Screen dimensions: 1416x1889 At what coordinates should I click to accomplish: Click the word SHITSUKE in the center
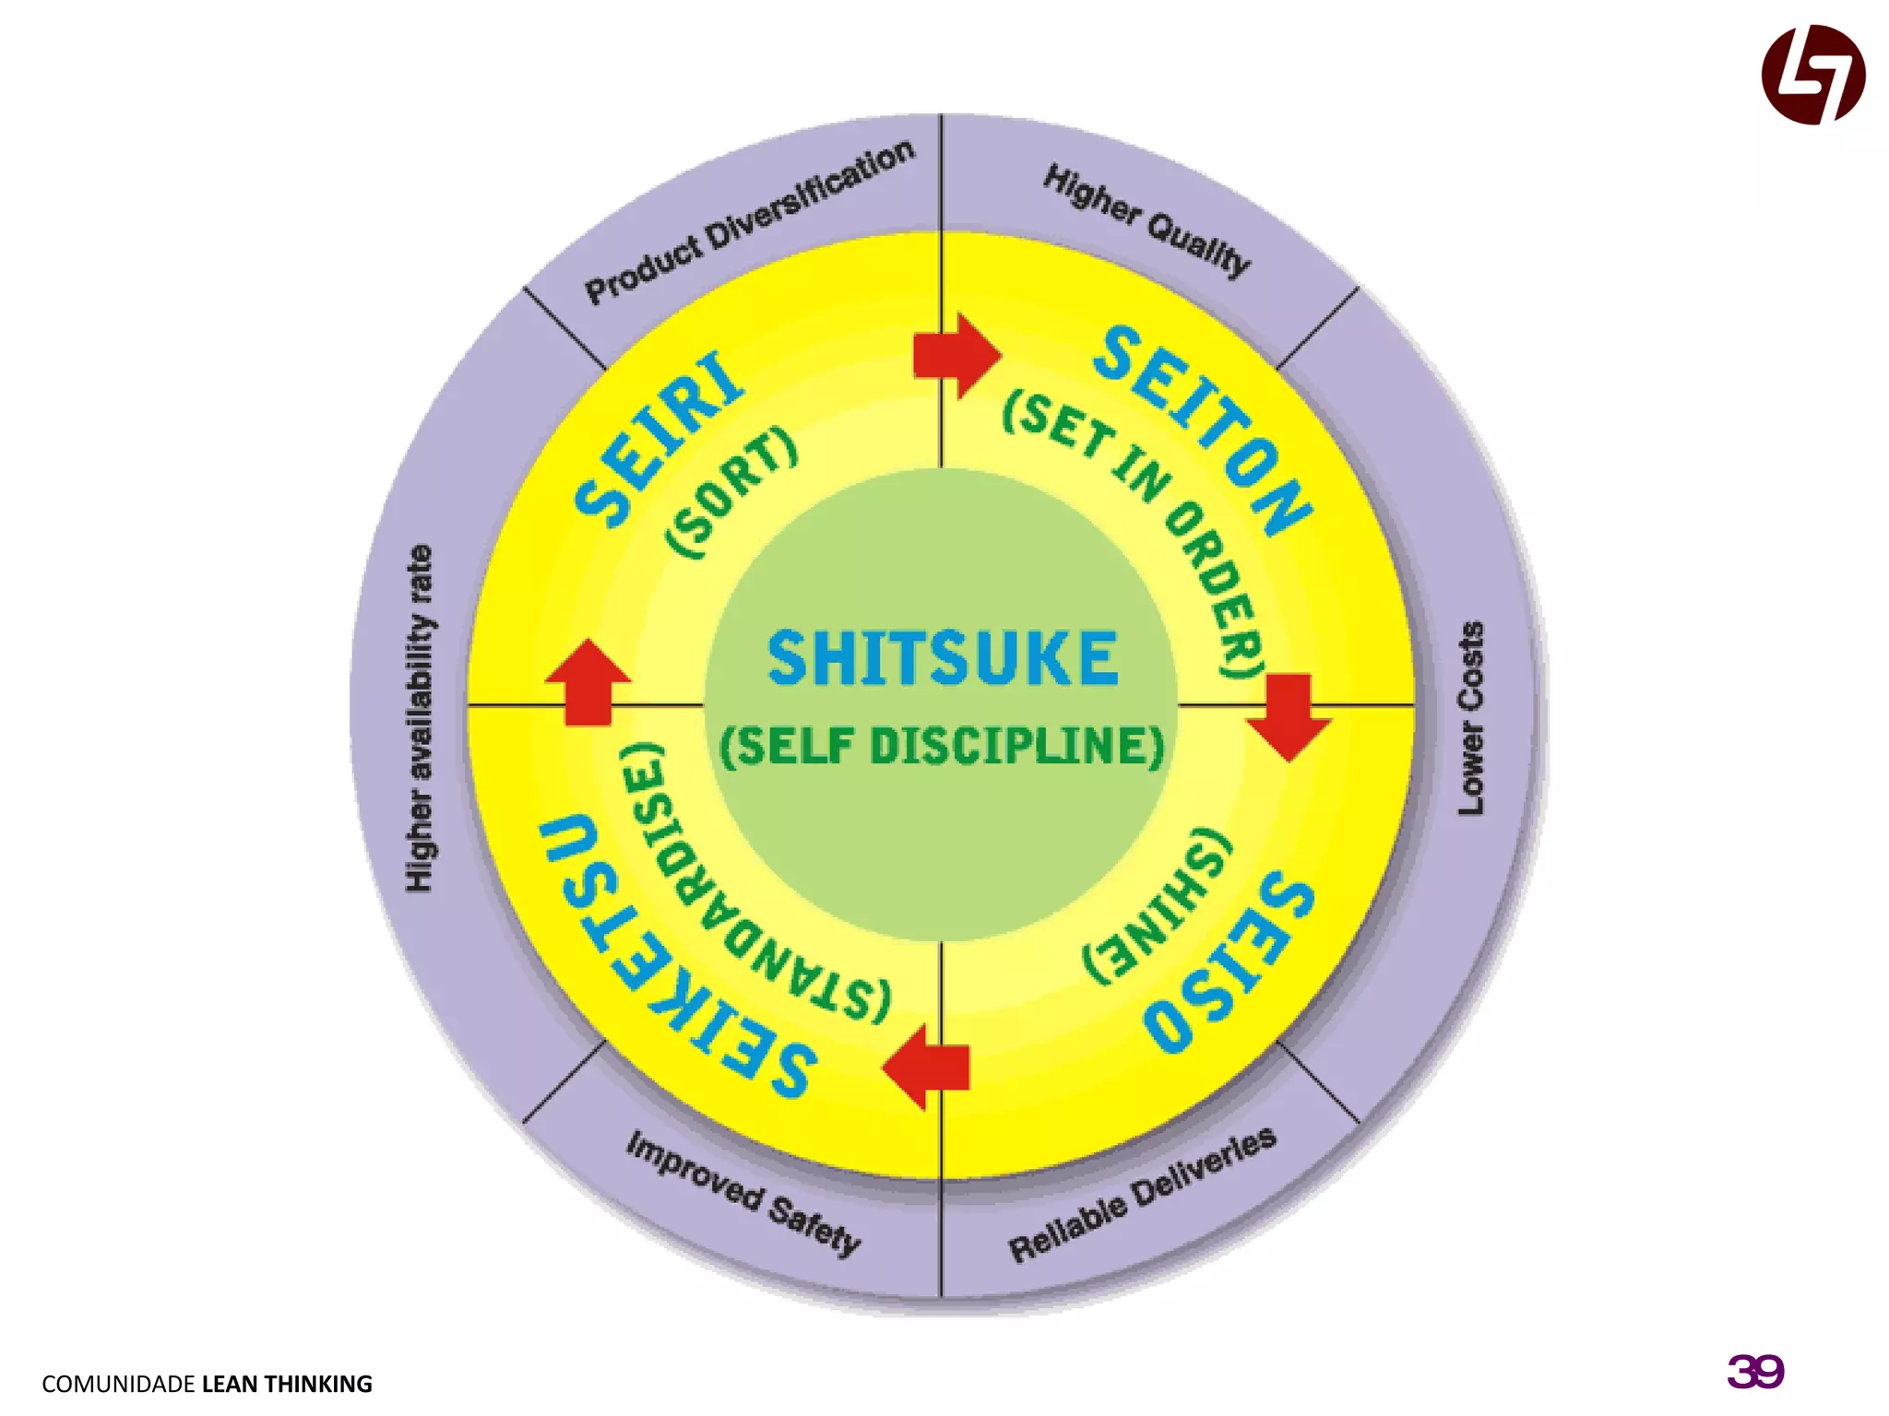point(943,658)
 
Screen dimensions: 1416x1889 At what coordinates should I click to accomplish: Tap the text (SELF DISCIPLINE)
point(942,746)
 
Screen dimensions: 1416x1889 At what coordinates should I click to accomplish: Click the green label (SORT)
point(731,492)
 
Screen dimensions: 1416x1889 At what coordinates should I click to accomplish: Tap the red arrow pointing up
point(588,682)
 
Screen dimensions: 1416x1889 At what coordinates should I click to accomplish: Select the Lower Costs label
point(1470,718)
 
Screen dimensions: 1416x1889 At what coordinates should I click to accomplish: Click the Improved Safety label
point(743,1195)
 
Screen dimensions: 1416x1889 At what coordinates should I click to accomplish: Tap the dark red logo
point(1812,75)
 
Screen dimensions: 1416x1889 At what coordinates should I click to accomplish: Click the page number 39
point(1755,1372)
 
